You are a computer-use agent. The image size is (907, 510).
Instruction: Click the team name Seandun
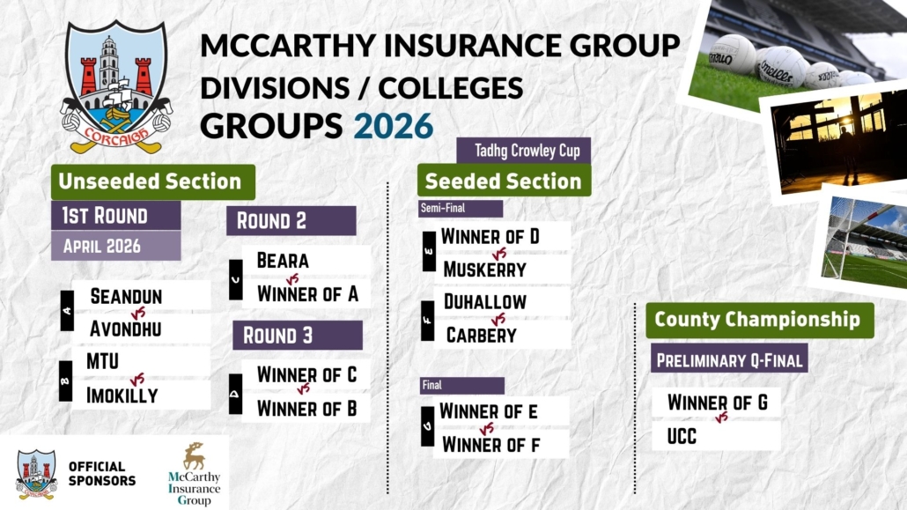(126, 296)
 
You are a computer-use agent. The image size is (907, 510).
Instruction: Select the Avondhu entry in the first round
(126, 329)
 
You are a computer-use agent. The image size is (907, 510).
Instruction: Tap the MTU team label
(102, 361)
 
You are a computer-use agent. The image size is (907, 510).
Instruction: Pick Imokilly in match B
(122, 395)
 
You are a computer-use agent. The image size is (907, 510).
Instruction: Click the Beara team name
(283, 261)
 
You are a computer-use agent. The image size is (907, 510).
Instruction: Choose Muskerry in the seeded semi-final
(484, 270)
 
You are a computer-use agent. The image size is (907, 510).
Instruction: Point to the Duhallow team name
(484, 301)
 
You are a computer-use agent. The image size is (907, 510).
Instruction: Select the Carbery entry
(482, 336)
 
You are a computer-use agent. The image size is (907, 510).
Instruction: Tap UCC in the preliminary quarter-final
(682, 437)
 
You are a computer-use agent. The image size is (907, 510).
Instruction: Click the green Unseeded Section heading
(153, 181)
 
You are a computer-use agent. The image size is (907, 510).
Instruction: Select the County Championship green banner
(759, 320)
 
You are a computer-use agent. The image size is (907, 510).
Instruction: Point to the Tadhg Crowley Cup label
(523, 151)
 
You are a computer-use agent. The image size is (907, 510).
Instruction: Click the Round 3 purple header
(298, 336)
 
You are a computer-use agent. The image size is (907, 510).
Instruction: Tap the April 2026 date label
(115, 246)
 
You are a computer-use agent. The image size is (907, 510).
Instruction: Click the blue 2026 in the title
(394, 126)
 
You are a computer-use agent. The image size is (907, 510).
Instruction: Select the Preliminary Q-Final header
(729, 359)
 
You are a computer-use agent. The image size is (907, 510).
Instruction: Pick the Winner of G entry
(718, 403)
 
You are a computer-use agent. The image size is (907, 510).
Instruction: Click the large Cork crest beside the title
(116, 87)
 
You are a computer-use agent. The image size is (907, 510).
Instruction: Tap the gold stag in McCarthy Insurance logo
(195, 456)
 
